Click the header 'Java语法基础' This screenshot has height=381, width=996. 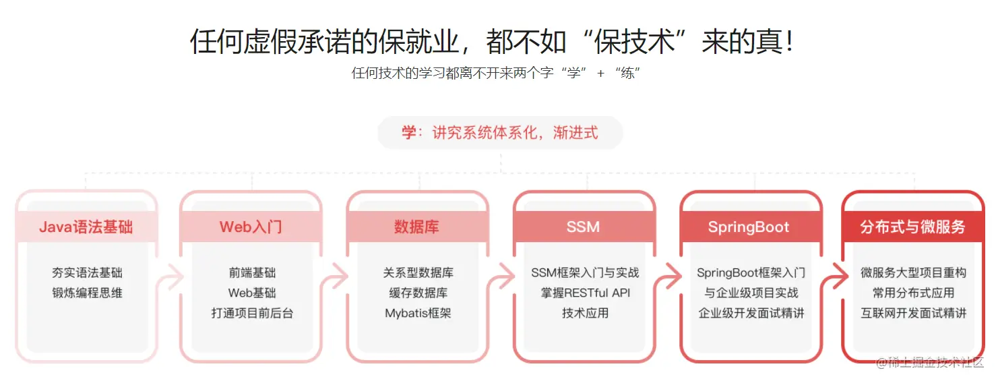coord(86,227)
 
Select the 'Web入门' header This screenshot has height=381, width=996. coord(251,227)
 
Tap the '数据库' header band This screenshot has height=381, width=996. coord(416,227)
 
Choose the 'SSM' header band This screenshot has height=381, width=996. coord(584,227)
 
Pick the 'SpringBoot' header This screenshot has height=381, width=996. coord(749,227)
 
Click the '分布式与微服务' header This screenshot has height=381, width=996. coord(913,227)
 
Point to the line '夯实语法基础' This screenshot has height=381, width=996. coord(88,273)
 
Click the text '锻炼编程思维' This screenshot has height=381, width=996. coord(88,293)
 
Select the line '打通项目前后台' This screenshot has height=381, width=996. coord(252,314)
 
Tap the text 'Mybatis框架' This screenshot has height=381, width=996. coord(418,314)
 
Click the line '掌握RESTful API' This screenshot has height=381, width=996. coord(585,293)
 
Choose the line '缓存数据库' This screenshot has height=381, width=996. coord(418,293)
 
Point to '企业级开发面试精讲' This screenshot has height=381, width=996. coord(751,314)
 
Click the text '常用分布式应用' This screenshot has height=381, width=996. coord(913,293)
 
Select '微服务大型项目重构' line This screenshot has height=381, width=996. coord(913,273)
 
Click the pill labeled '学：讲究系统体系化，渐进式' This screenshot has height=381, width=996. coord(500,132)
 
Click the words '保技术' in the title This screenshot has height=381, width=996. coord(634,42)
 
